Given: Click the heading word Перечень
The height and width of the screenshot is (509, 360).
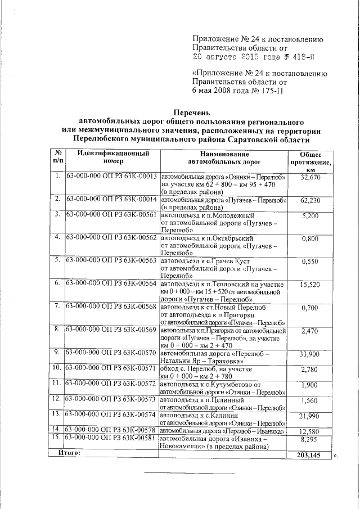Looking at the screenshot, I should [x=193, y=113].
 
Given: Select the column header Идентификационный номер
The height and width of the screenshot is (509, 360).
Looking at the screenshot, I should [x=113, y=156].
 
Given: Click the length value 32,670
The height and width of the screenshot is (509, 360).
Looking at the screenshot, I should [x=310, y=178].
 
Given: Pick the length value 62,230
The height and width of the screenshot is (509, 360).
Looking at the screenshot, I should [x=310, y=200].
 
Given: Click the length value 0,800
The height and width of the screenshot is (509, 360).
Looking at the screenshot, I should [x=310, y=238].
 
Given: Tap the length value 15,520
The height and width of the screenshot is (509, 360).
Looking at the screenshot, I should [x=310, y=285].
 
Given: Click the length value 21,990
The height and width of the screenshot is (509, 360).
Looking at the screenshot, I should [x=310, y=416].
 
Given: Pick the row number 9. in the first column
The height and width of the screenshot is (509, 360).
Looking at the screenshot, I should [x=57, y=352].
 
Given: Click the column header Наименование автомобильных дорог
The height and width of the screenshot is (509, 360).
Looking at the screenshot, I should [x=224, y=156].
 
